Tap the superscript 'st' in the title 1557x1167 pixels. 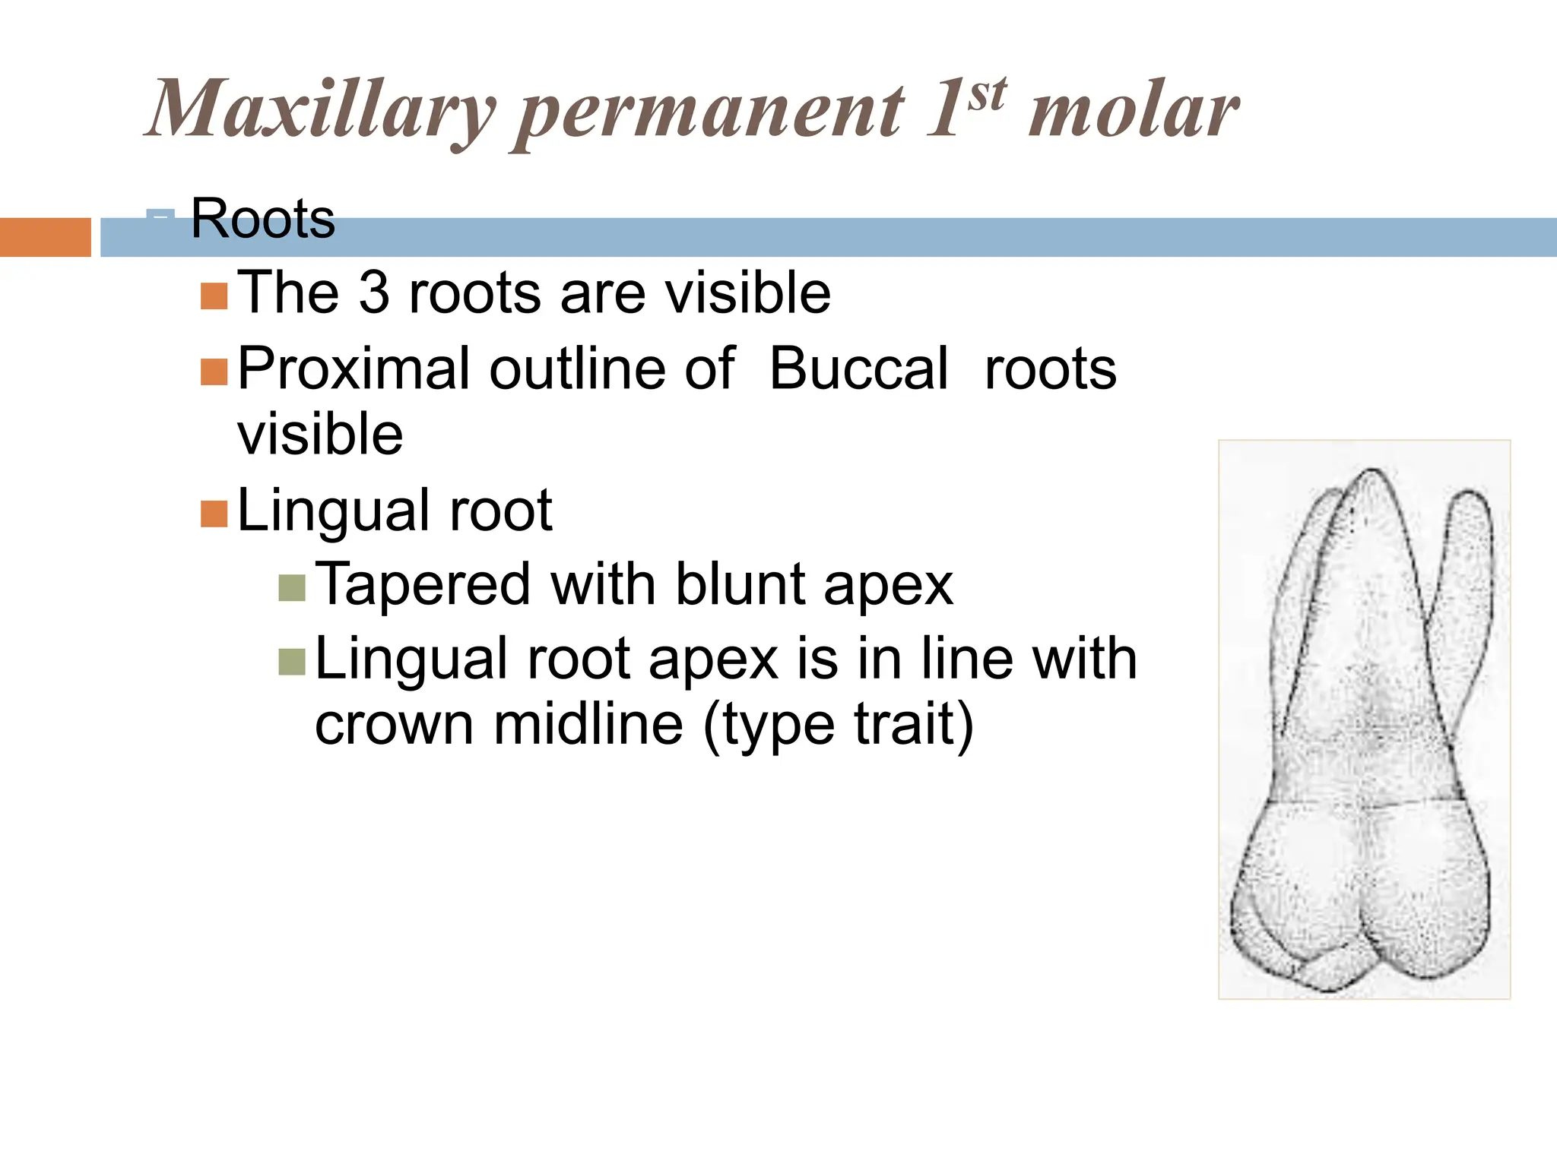987,96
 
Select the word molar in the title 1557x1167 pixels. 1133,112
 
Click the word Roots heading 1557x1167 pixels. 262,219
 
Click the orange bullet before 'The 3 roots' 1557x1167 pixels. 214,296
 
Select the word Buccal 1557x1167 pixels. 858,369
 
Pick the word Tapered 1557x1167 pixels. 423,584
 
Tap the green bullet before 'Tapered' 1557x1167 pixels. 292,587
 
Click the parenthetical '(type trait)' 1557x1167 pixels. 838,725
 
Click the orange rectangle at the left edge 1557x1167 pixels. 45,237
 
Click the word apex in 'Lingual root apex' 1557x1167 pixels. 713,659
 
